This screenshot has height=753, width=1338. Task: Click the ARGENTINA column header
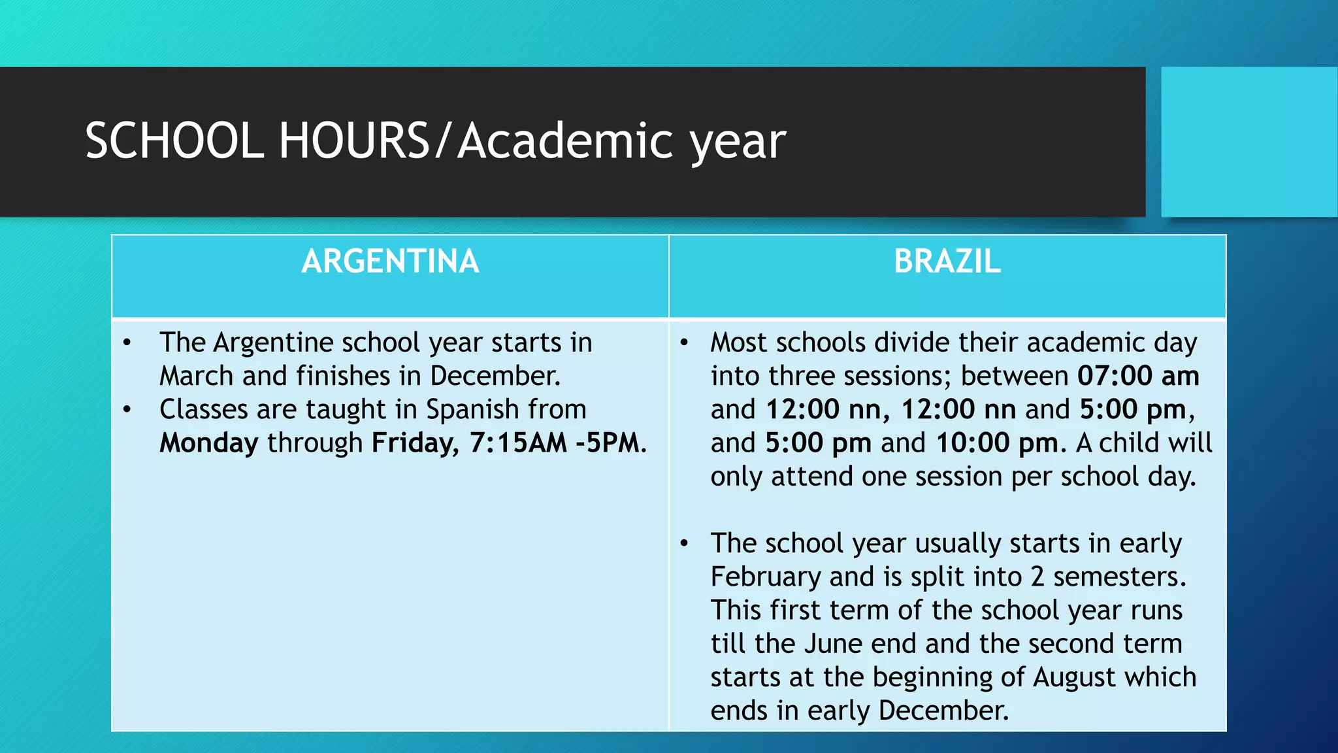390,261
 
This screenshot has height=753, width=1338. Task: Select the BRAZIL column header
947,261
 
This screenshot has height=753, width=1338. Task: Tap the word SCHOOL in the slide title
174,141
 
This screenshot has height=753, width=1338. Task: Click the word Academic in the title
566,141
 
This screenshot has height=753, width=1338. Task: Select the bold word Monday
209,443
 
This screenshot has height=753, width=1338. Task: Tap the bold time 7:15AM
518,443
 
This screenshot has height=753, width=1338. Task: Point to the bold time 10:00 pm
996,443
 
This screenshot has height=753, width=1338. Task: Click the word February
766,577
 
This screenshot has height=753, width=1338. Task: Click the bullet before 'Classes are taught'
127,410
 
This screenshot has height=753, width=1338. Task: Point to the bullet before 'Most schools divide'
684,343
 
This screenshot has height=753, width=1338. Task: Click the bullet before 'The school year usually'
684,544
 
